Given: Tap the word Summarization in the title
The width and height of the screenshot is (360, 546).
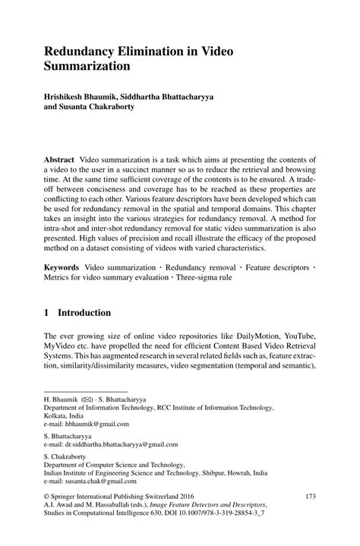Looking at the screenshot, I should click(89, 66).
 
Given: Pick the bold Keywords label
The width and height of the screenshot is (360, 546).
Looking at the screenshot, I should click(62, 269).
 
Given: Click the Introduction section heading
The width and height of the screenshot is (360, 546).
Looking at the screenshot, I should click(84, 312).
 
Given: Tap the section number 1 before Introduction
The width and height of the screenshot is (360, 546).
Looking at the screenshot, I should click(46, 312).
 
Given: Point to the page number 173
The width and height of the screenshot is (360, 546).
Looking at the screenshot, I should click(309, 497).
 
